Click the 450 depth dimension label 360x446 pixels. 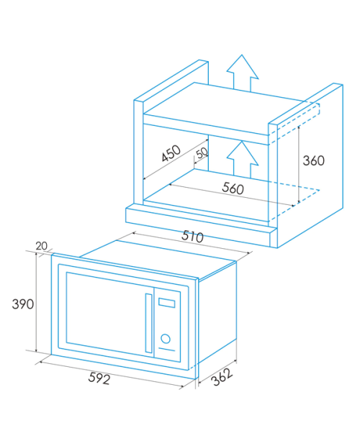point(171,153)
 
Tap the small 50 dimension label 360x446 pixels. point(202,153)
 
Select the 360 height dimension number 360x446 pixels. point(314,160)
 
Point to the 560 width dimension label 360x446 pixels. point(233,188)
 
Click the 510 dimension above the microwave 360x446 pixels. point(193,237)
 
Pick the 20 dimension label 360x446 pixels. point(42,246)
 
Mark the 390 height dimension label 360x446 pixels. point(23,304)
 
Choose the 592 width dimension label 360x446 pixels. point(99,378)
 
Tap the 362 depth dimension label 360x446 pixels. point(222,377)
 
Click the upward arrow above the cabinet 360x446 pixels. point(242,73)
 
